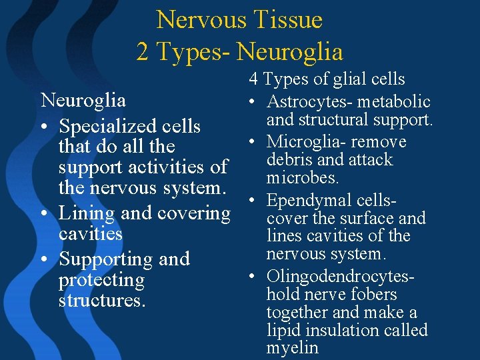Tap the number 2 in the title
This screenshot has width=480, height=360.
tap(143, 51)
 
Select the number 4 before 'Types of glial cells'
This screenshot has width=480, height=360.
tap(254, 79)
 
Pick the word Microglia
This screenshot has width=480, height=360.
tap(299, 142)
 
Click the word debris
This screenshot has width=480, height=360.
tap(287, 160)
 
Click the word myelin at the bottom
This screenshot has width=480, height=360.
tap(292, 348)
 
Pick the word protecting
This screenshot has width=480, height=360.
tap(101, 280)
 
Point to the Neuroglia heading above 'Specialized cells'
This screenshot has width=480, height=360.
tap(83, 101)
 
